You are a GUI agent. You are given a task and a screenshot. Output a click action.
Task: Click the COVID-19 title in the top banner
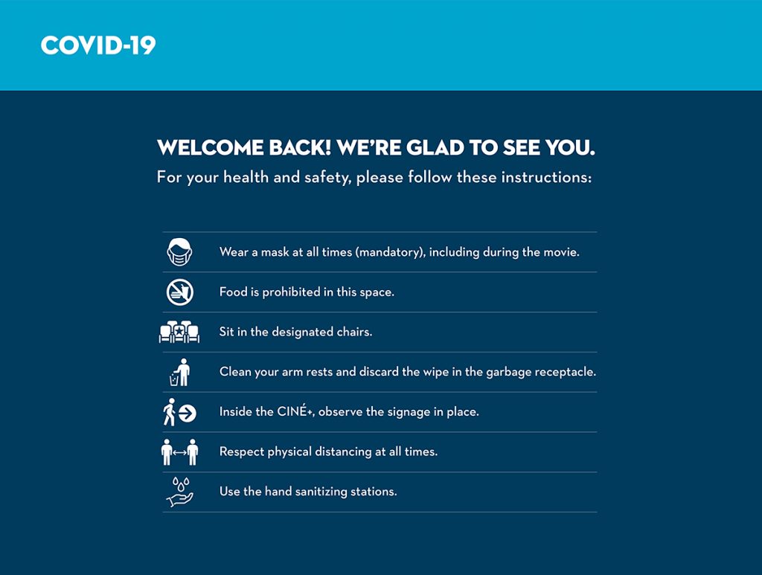tap(98, 45)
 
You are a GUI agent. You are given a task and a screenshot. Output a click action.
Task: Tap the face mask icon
tap(180, 251)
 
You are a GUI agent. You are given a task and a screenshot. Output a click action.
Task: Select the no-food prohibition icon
tap(180, 292)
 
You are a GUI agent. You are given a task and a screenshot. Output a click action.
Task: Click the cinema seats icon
tap(179, 333)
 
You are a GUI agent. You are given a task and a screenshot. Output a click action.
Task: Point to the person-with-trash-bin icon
tap(180, 373)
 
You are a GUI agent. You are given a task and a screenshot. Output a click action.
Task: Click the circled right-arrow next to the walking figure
tap(187, 414)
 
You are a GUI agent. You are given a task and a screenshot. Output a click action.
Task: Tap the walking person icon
tap(169, 412)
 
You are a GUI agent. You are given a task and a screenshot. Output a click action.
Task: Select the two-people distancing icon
tap(180, 452)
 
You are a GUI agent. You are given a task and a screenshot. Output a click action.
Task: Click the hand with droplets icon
tap(180, 492)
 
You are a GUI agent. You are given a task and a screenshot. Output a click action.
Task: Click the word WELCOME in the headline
tap(210, 147)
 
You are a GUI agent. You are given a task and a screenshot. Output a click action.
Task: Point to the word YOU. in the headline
tap(569, 147)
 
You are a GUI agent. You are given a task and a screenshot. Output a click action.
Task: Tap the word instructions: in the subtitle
tap(546, 177)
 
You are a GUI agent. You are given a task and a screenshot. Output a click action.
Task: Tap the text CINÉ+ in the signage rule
tap(295, 411)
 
